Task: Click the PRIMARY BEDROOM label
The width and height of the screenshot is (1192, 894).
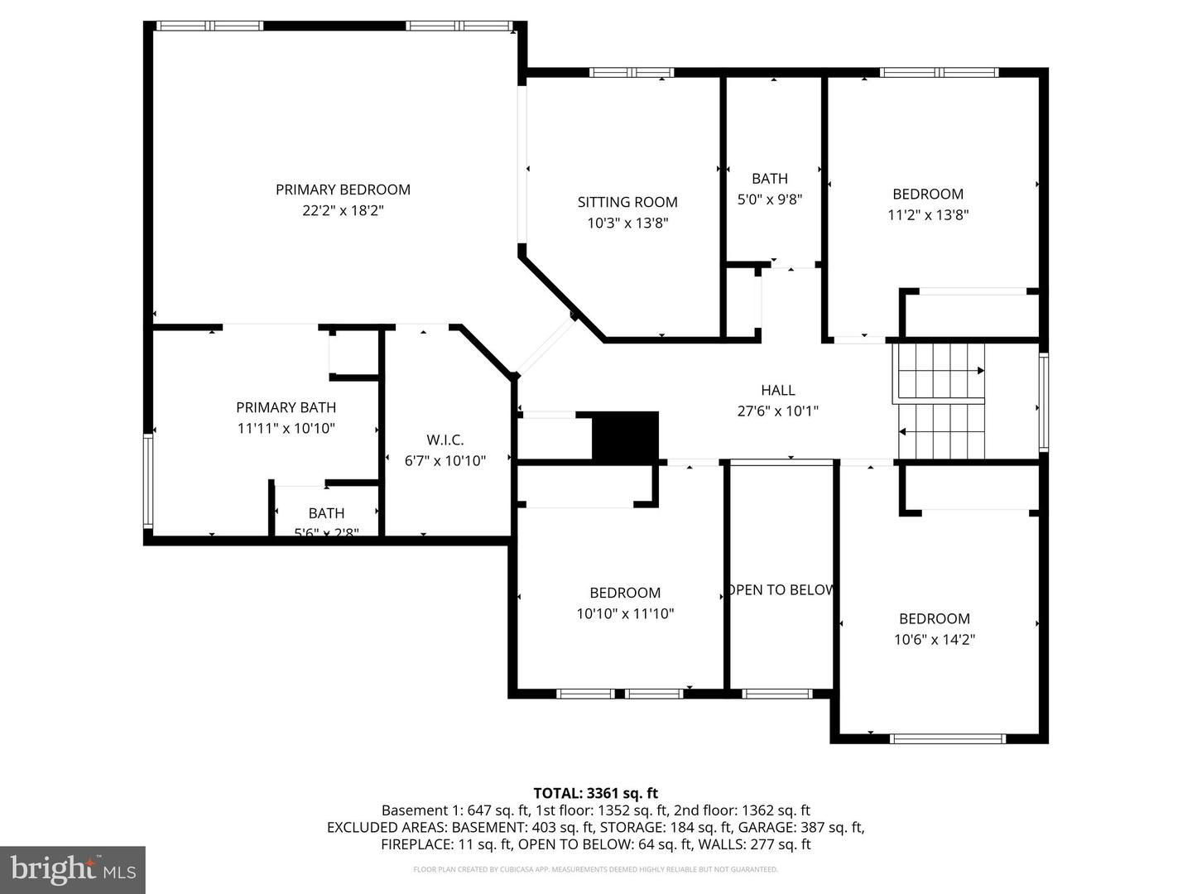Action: pos(343,190)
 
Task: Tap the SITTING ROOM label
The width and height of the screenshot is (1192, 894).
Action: pos(627,202)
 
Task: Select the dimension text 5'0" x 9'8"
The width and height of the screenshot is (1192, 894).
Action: pos(770,199)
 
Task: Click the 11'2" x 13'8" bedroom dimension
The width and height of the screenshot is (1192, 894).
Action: pos(928,215)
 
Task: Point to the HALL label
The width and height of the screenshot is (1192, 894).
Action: pos(777,390)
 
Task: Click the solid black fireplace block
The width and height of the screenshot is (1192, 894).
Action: pos(625,435)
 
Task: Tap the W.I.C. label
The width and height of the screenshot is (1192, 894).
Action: pos(445,440)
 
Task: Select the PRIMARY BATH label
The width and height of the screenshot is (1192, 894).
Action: pos(286,407)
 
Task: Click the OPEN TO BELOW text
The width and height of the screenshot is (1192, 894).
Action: pos(780,589)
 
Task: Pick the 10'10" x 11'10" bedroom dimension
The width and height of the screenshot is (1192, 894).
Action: pos(625,614)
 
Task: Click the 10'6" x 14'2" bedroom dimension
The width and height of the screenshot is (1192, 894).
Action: pos(935,639)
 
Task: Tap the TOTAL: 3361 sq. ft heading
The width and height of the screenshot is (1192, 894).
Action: pos(595,793)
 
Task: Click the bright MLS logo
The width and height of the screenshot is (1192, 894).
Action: pos(72,869)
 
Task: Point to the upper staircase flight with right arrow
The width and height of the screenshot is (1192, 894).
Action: pos(940,371)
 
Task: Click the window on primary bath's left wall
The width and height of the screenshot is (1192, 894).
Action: pos(148,481)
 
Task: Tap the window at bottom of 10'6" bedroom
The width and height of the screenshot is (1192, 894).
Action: pos(948,738)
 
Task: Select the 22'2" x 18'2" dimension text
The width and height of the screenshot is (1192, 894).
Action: pos(343,211)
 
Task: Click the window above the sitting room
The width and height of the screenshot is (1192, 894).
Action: pos(632,73)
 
